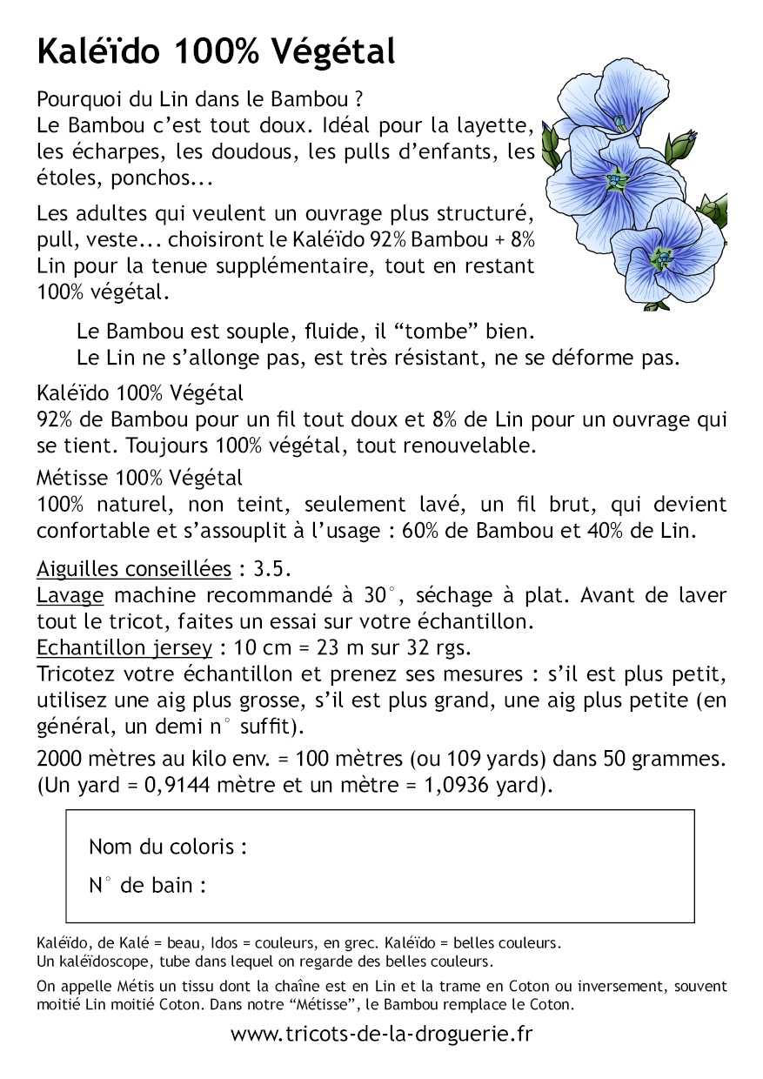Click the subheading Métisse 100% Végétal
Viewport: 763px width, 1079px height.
[140, 478]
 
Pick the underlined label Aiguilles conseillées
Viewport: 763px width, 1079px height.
[134, 570]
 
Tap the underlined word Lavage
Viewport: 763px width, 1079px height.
[70, 596]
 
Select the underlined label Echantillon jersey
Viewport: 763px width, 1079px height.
[124, 647]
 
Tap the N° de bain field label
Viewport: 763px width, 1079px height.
[148, 886]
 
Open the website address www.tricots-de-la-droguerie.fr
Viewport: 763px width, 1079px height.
[381, 1034]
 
